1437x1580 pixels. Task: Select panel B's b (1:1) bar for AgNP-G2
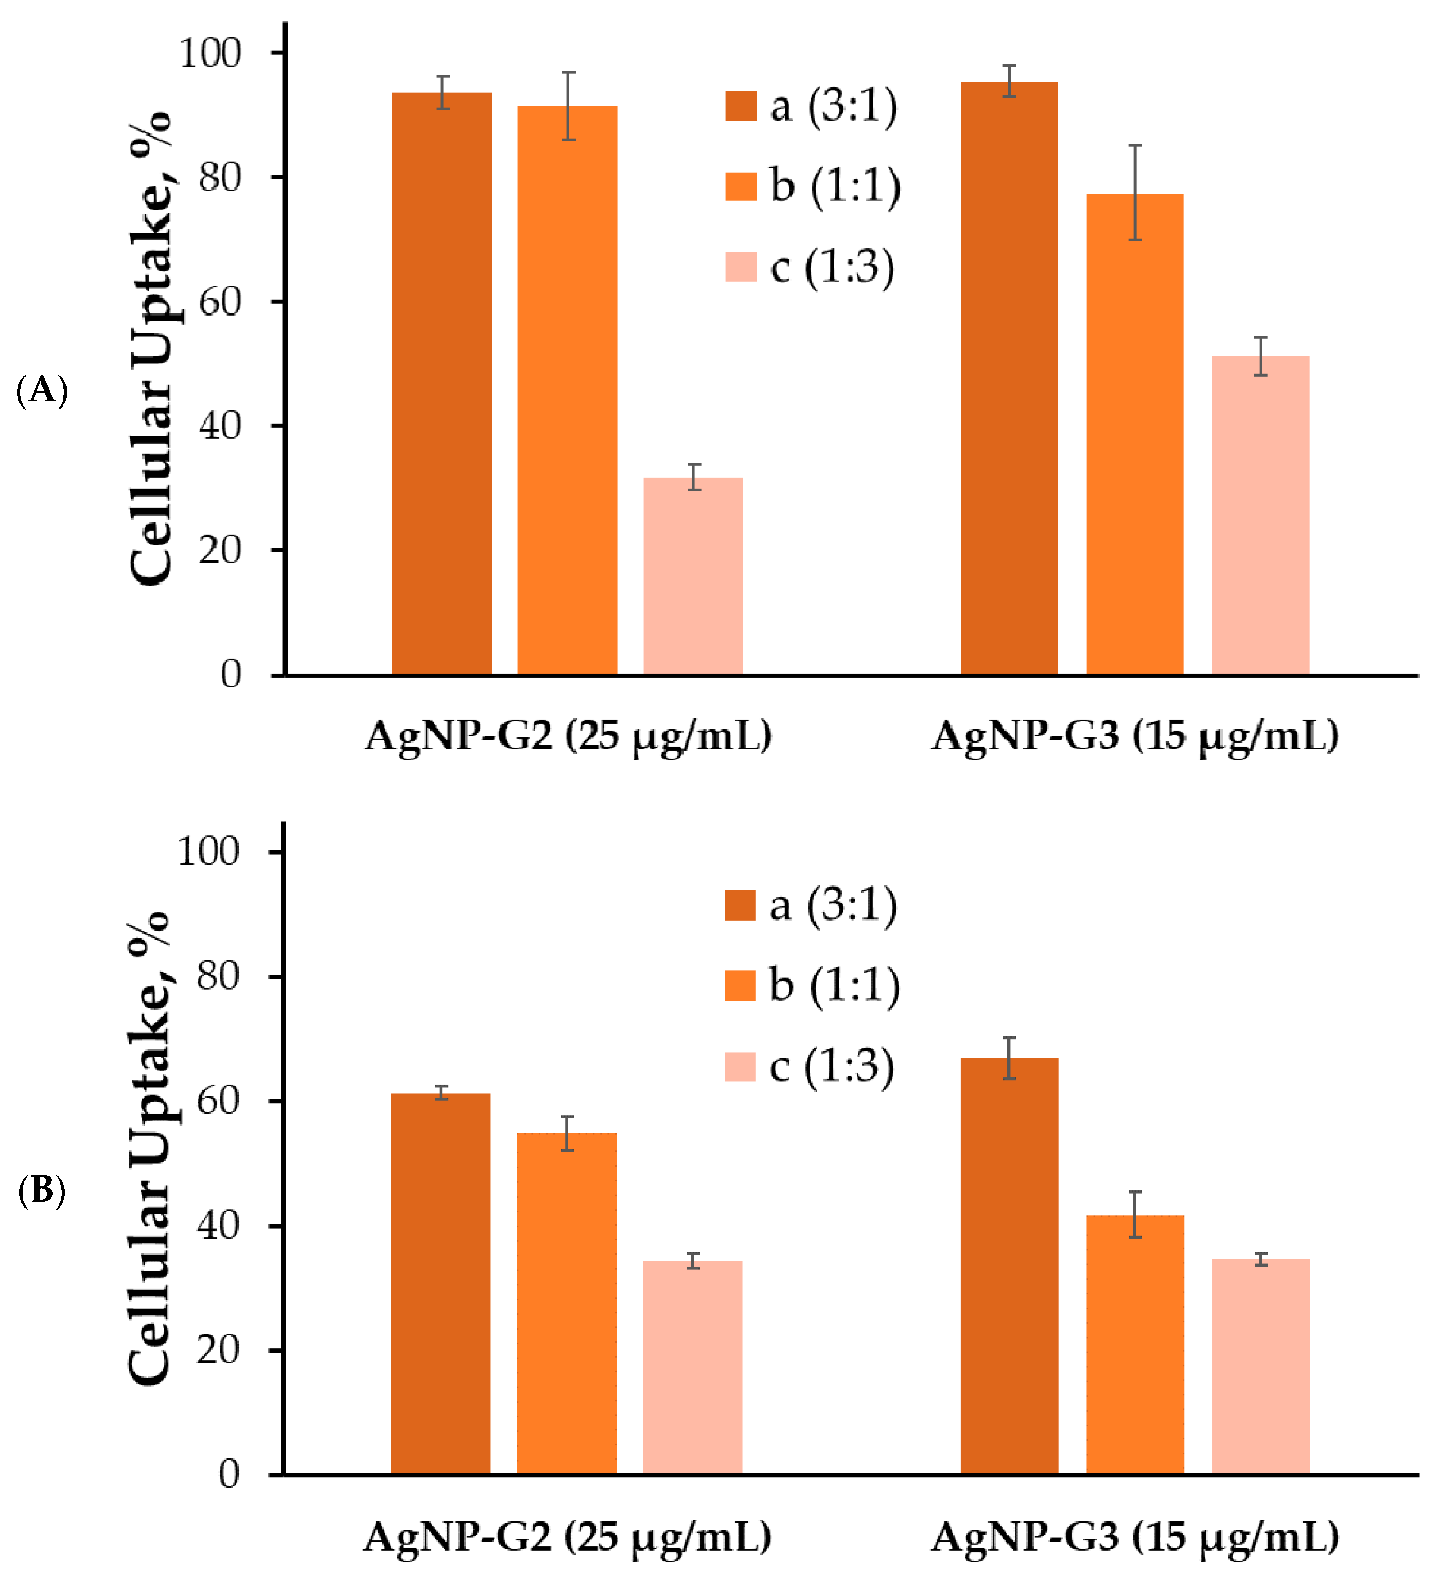pos(567,1303)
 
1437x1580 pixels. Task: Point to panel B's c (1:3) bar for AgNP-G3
pos(1261,1367)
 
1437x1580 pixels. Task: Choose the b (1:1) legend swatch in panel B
pos(739,986)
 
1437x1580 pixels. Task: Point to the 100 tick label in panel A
pos(210,53)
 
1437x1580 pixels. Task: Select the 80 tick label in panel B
pos(218,976)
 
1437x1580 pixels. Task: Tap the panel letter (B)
pos(41,1190)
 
